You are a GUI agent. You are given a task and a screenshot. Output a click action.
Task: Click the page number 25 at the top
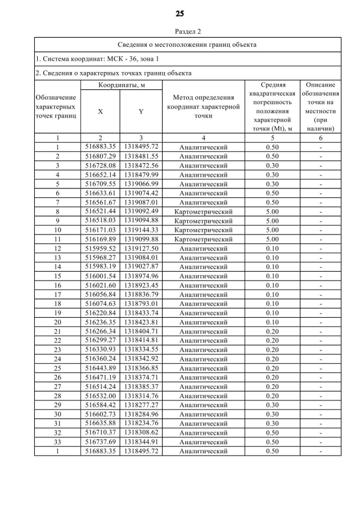click(179, 13)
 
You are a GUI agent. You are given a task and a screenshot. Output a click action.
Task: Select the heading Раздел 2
click(180, 31)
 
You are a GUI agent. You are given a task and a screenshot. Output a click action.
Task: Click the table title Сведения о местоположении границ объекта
click(187, 44)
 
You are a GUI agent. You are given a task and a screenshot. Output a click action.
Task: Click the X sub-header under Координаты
click(100, 111)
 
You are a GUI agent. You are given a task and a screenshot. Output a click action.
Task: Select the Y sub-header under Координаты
click(141, 111)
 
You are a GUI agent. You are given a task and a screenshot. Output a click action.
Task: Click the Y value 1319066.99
click(141, 183)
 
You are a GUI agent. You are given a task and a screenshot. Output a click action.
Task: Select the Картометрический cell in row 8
click(203, 211)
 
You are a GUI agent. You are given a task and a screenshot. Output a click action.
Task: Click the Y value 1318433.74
click(141, 313)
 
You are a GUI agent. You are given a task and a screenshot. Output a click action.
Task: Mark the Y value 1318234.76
click(141, 424)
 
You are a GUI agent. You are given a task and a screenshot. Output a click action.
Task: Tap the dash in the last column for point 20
click(321, 322)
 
